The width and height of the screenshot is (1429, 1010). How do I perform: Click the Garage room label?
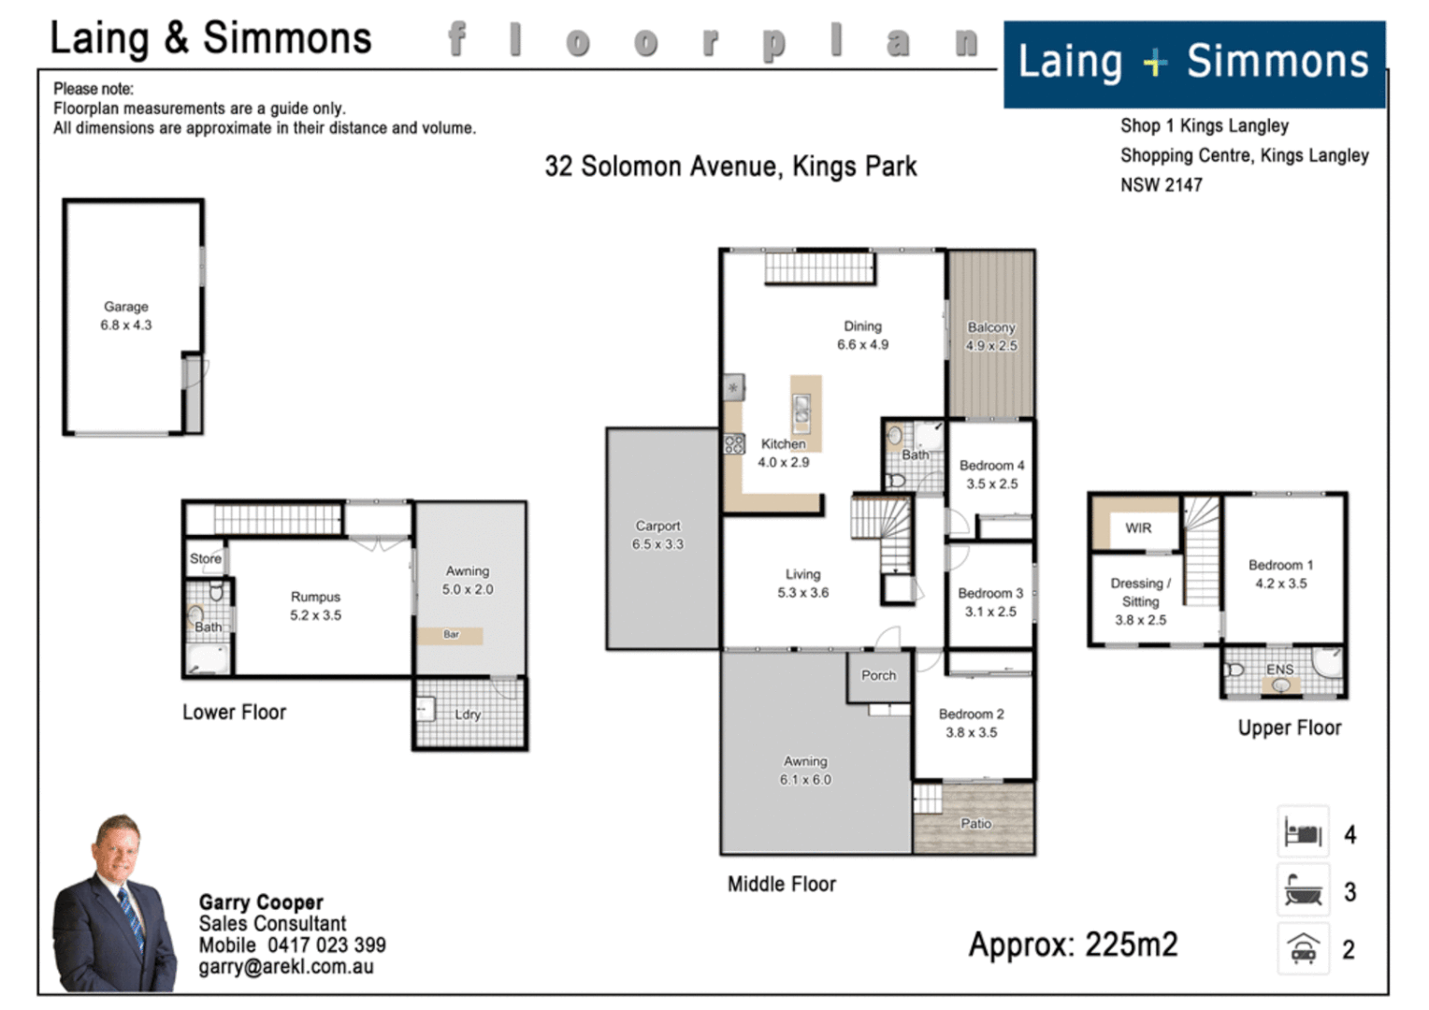[x=126, y=307]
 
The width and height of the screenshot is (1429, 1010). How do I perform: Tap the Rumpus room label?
[x=315, y=597]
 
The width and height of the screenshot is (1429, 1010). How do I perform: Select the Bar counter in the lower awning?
[x=451, y=635]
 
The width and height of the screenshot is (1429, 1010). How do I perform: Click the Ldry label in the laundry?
[x=468, y=714]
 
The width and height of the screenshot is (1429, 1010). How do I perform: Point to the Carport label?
[x=657, y=527]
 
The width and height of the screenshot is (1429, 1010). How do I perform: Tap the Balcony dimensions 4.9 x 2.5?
[x=991, y=346]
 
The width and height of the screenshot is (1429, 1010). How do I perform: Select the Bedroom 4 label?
[x=991, y=466]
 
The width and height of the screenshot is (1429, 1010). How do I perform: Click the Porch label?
[x=878, y=675]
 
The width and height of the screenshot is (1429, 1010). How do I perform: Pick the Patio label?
[x=975, y=824]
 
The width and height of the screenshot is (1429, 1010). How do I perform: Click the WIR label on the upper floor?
[x=1138, y=528]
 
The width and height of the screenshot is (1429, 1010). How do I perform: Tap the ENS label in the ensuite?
[x=1279, y=670]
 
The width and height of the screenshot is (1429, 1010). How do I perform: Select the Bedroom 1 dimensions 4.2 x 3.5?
[x=1280, y=584]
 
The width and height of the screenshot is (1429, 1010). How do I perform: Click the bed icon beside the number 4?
[x=1303, y=832]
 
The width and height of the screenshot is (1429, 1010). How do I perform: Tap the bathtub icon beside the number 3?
[x=1303, y=890]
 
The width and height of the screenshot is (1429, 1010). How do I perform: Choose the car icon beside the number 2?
[x=1303, y=949]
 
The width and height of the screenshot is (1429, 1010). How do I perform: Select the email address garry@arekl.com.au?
[x=286, y=967]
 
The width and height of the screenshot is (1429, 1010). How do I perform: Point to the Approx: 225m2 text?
[x=1073, y=945]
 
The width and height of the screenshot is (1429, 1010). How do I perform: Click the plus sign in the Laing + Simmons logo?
[x=1155, y=63]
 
